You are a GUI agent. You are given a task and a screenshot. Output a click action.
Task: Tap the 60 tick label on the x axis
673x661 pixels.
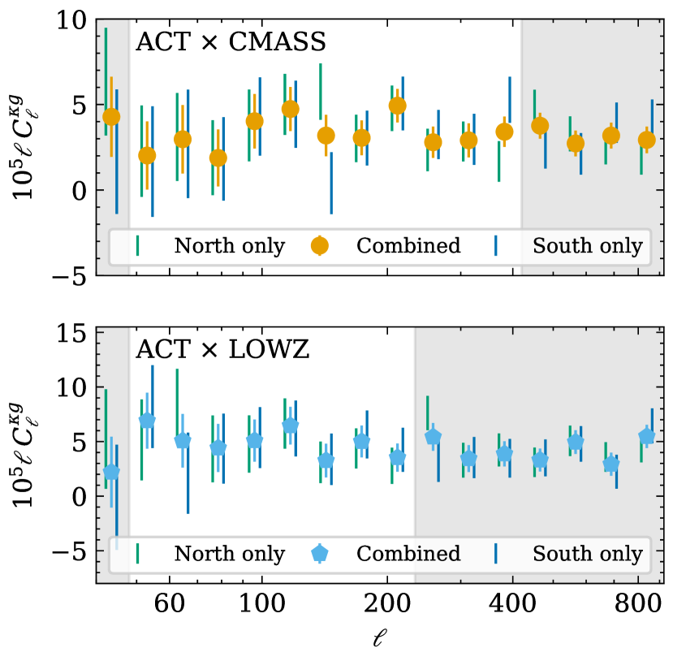pyautogui.click(x=169, y=606)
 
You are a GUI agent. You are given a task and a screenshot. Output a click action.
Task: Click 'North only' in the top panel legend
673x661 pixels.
pyautogui.click(x=230, y=246)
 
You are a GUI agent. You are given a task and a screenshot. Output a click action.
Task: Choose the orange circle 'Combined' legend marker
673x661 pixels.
pyautogui.click(x=321, y=245)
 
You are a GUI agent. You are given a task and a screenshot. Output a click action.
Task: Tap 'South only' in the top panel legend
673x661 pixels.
pyautogui.click(x=587, y=246)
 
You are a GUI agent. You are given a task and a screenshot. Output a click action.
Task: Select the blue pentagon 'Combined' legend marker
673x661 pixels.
pyautogui.click(x=321, y=553)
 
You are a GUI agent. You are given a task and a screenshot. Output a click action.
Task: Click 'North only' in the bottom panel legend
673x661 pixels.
pyautogui.click(x=230, y=555)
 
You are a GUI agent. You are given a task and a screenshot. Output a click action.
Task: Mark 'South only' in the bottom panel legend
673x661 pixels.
pyautogui.click(x=587, y=555)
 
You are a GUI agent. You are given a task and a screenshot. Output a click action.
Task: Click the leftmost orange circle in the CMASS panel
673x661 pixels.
pyautogui.click(x=111, y=117)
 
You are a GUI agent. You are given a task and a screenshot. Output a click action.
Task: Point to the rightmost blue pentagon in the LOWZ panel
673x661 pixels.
pyautogui.click(x=646, y=436)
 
